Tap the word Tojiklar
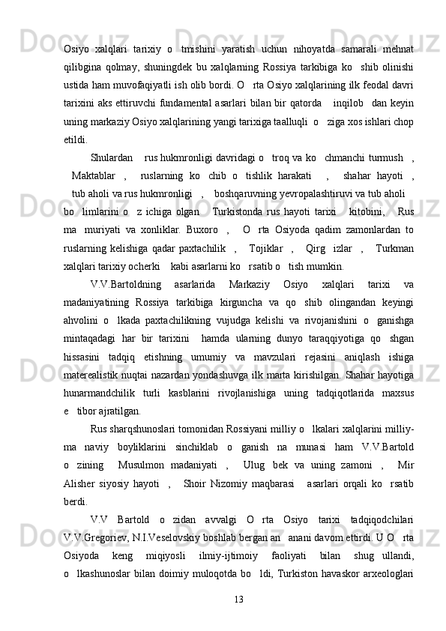pyautogui.click(x=265, y=247)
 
